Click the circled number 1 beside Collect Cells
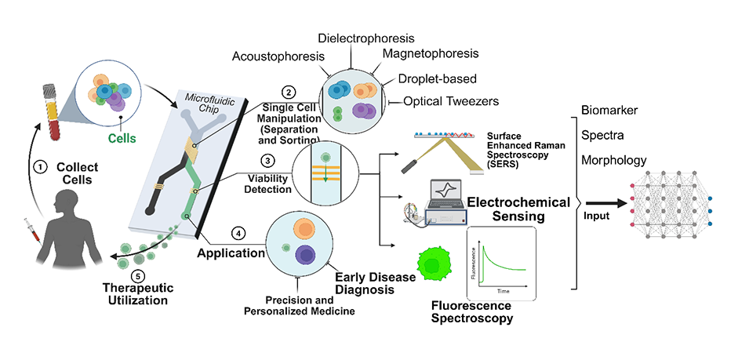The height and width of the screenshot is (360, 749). (x=38, y=166)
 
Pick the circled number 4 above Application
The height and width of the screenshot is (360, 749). (x=238, y=233)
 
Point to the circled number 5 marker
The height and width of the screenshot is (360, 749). (x=138, y=275)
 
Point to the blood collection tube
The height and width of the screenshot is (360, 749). (x=54, y=114)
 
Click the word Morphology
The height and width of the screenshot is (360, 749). (x=614, y=160)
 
